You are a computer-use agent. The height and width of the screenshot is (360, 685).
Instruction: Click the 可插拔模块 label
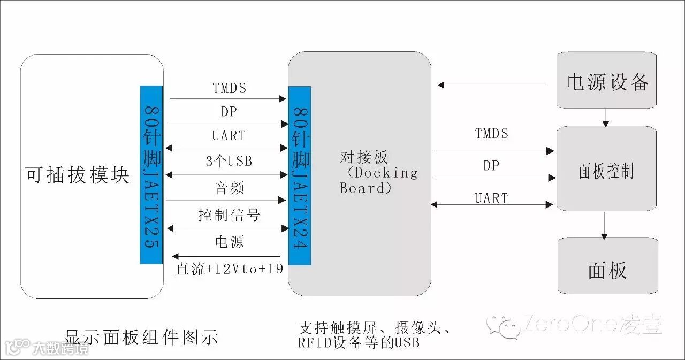pos(78,175)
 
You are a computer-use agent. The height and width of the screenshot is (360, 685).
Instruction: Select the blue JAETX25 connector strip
pos(151,175)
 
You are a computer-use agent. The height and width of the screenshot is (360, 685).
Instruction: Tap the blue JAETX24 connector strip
pos(299,175)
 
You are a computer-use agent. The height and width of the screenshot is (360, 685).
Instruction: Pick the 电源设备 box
pos(607,81)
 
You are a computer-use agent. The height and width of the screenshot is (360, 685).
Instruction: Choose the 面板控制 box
pos(606,170)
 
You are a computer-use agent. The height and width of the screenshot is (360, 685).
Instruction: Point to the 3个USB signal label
pos(229,161)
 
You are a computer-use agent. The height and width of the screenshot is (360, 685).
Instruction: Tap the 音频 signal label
pos(229,188)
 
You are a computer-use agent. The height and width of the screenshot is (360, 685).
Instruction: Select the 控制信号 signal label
pos(229,215)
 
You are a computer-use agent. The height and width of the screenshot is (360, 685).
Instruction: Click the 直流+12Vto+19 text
pos(229,269)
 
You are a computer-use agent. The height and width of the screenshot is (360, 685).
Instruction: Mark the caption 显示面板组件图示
pos(142,338)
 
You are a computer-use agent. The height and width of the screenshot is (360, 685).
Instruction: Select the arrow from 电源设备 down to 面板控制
pos(605,118)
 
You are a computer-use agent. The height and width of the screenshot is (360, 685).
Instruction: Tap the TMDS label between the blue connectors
pos(229,88)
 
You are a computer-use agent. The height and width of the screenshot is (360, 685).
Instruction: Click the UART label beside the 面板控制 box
pos(491,198)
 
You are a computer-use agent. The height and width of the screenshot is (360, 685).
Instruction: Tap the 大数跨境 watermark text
pos(60,348)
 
